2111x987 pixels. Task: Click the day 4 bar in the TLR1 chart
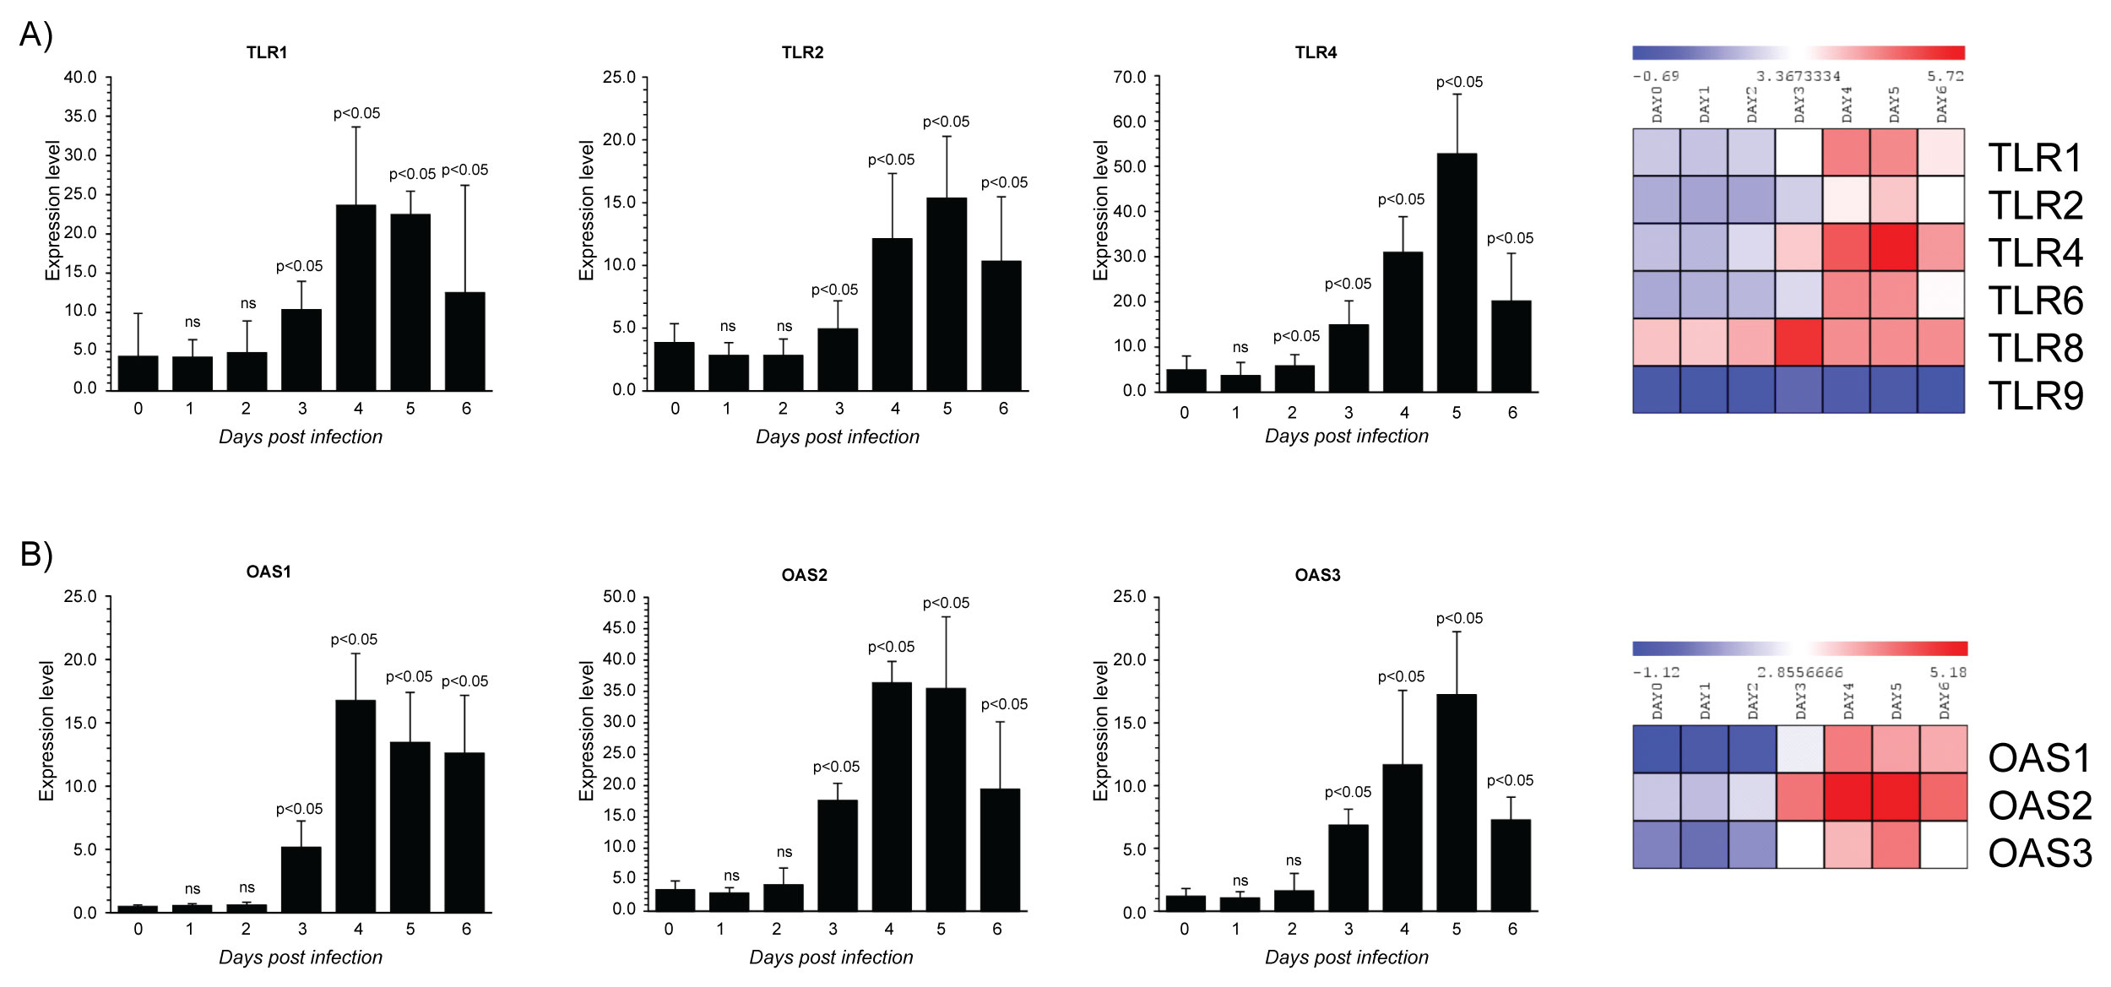(x=355, y=297)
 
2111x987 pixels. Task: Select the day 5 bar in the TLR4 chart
(x=1457, y=272)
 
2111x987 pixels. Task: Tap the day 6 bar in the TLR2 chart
(x=1001, y=325)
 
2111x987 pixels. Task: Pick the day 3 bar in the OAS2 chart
(x=837, y=854)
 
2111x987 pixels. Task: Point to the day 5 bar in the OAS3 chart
(x=1457, y=802)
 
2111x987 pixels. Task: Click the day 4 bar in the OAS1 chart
(x=355, y=805)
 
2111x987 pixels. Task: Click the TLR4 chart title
(x=1316, y=52)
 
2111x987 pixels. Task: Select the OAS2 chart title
(x=804, y=575)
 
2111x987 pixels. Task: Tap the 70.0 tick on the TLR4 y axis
(x=1130, y=77)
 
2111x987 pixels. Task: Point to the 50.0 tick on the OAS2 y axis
(x=619, y=597)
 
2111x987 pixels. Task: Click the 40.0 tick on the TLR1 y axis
(x=80, y=77)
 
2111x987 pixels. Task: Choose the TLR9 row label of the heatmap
(x=2035, y=395)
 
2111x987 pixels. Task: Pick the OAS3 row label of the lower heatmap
(x=2039, y=853)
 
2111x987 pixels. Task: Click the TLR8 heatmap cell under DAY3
(x=1799, y=342)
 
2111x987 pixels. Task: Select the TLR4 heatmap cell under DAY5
(x=1893, y=247)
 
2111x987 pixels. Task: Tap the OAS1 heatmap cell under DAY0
(x=1656, y=749)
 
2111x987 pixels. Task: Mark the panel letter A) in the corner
(x=35, y=35)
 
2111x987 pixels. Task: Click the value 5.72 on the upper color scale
(x=1945, y=76)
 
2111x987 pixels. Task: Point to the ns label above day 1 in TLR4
(x=1240, y=347)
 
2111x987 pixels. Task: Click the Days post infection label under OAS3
(x=1346, y=957)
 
